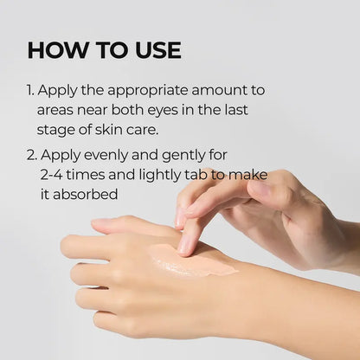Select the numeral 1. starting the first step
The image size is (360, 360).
click(x=32, y=90)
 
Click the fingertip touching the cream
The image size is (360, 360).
click(x=186, y=246)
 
